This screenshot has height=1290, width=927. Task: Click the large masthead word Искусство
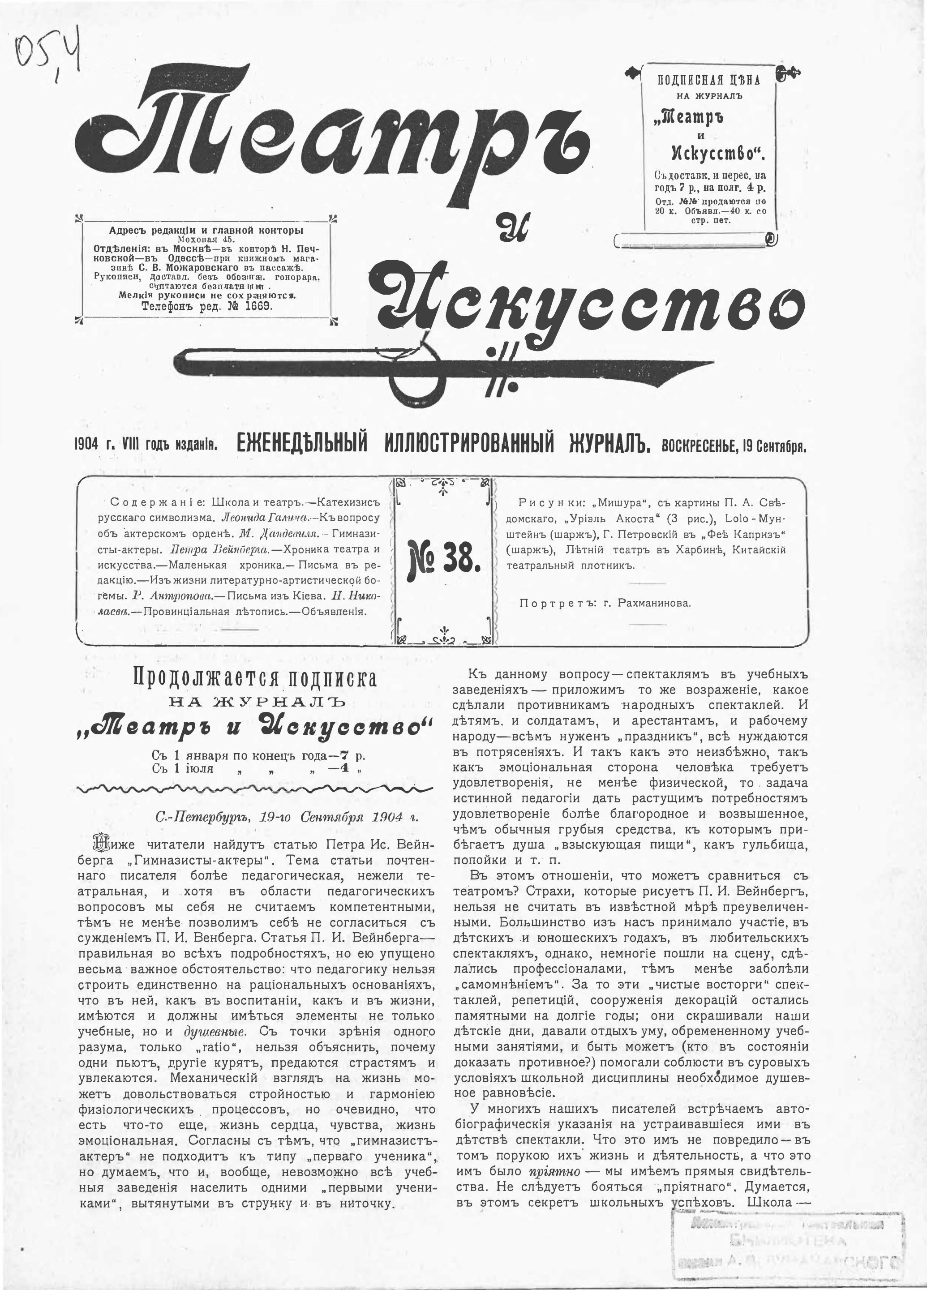pos(592,304)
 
